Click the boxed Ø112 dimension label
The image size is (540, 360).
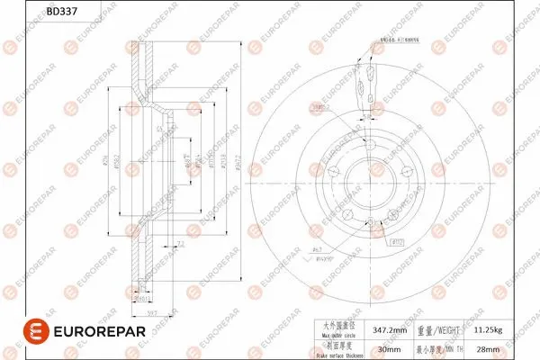[398, 242]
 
